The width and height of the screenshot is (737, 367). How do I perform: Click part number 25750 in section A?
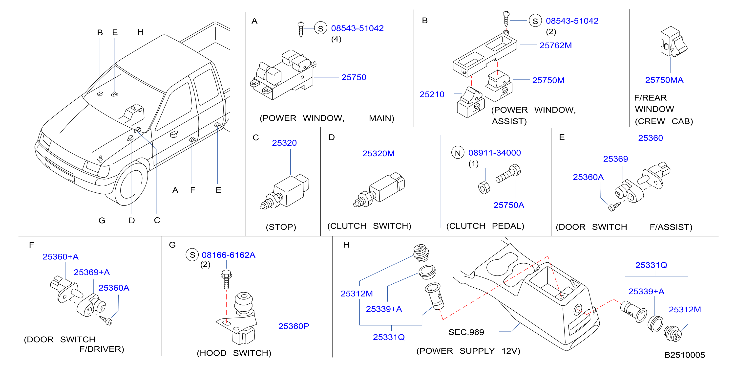[x=354, y=77]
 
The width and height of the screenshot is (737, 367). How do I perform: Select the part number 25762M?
[x=555, y=46]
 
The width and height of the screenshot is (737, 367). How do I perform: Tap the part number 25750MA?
[x=664, y=80]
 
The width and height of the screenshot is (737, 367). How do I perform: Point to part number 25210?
[x=432, y=94]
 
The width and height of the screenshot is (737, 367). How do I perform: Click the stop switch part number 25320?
[x=284, y=143]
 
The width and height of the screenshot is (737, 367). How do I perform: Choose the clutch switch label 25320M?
[x=378, y=153]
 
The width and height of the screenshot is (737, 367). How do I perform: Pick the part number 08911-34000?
[x=494, y=153]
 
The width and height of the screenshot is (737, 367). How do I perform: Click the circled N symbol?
[x=458, y=153]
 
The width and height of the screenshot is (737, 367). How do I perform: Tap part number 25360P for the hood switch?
[x=294, y=326]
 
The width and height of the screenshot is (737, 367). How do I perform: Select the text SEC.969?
[x=466, y=332]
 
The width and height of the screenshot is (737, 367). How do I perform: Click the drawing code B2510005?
[x=684, y=355]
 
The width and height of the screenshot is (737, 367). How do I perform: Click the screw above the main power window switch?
[x=301, y=29]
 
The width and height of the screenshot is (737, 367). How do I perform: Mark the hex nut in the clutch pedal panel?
[x=484, y=188]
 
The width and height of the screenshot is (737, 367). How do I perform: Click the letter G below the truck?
[x=102, y=220]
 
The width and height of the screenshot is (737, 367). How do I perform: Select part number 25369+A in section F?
[x=92, y=272]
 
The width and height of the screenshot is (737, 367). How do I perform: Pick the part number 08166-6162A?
[x=228, y=255]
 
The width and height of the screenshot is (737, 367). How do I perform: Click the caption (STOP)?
[x=281, y=227]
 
